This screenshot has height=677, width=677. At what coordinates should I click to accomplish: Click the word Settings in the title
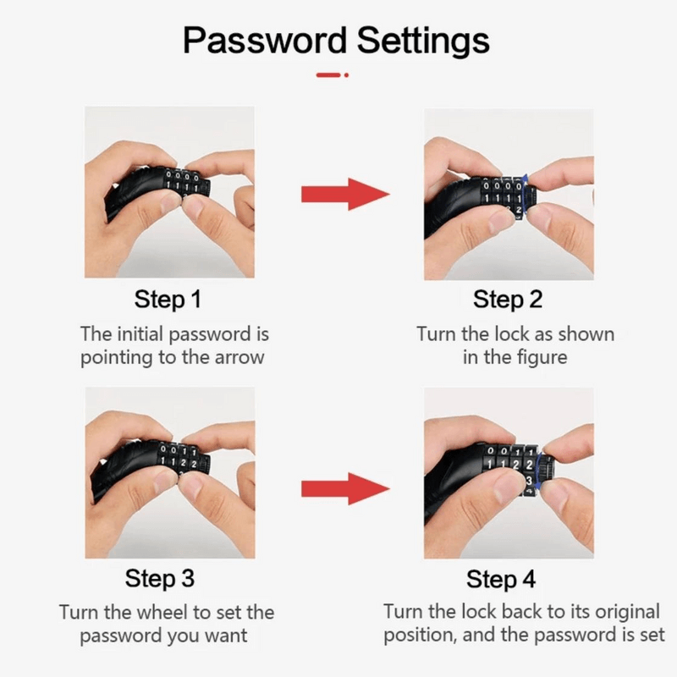[x=422, y=41]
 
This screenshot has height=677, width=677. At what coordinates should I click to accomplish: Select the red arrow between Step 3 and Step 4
[x=345, y=488]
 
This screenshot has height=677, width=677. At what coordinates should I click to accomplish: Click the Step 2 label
[x=507, y=300]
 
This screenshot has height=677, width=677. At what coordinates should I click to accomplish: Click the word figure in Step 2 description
[x=539, y=357]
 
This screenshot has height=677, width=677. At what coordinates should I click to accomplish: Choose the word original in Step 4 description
[x=621, y=612]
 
